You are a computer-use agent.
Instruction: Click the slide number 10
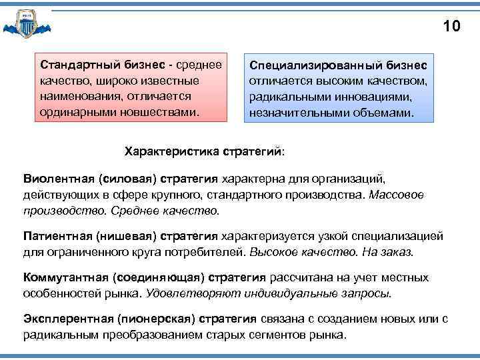click(451, 27)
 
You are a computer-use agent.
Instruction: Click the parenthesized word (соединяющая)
click(160, 277)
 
